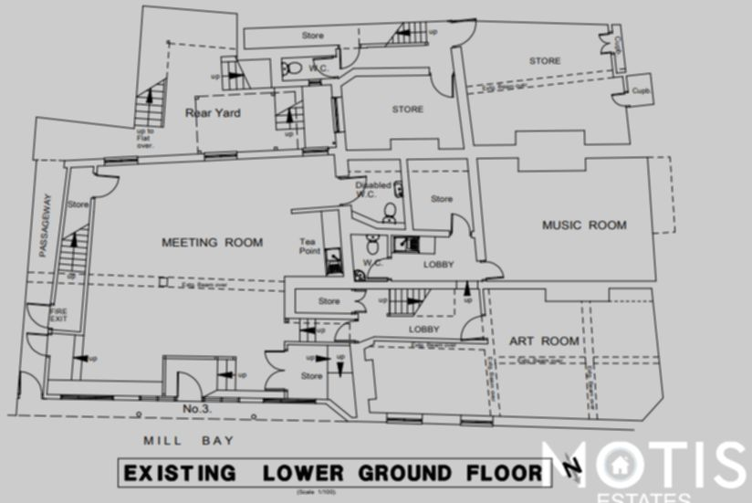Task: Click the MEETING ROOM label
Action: click(212, 243)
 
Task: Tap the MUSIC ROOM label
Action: click(584, 225)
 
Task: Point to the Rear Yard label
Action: click(213, 113)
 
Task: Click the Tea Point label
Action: click(311, 246)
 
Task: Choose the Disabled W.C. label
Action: click(373, 190)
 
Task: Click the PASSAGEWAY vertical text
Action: click(44, 227)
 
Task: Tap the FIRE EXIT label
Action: click(58, 316)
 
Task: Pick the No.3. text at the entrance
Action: click(197, 408)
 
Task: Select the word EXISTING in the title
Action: click(180, 474)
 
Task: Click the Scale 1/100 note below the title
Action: click(316, 493)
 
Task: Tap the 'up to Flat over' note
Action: click(145, 138)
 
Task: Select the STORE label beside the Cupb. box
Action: click(545, 61)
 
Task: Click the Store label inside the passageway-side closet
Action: click(78, 204)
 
